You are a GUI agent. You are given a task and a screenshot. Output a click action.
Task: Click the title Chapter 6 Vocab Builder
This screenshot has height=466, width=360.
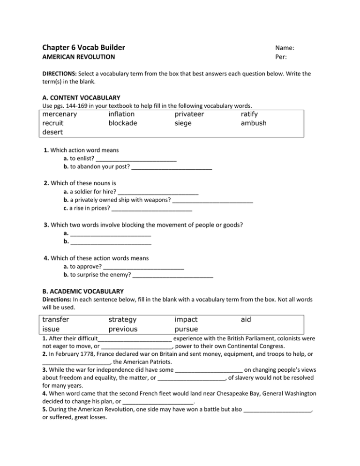(x=83, y=47)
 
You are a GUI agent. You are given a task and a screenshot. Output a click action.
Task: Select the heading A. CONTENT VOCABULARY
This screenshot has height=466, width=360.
(x=81, y=98)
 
